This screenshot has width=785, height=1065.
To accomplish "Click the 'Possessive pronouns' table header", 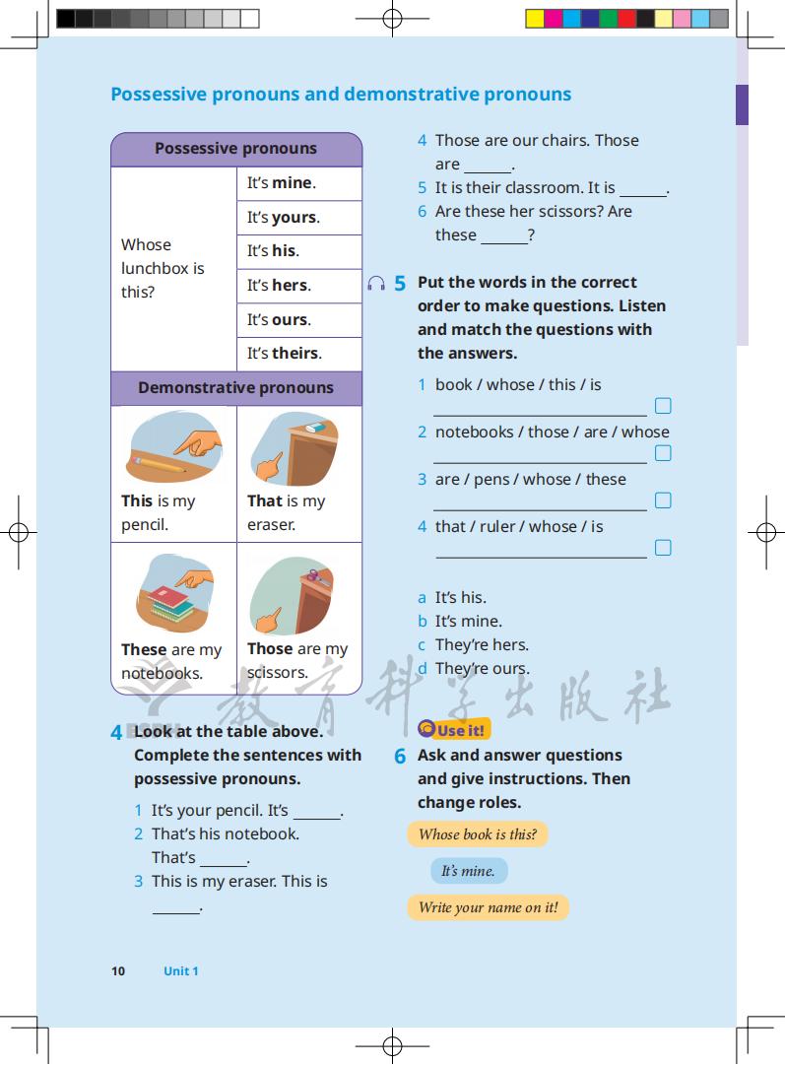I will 235,149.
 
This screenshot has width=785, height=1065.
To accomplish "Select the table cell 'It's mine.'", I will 281,183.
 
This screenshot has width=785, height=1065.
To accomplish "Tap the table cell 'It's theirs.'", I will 284,354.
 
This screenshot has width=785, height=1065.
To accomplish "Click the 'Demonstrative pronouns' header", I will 235,388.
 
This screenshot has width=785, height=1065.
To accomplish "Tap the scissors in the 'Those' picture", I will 314,577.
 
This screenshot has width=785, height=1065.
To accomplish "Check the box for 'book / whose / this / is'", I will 663,406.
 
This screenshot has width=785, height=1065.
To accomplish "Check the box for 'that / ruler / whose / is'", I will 663,548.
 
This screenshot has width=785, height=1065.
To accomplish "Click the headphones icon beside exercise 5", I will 375,284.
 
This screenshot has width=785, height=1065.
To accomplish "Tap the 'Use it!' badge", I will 453,730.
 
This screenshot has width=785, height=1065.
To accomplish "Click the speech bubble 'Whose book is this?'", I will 478,834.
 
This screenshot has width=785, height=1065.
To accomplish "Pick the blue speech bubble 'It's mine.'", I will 468,871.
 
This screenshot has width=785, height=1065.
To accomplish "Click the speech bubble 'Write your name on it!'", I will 488,907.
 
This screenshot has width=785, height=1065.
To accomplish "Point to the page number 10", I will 118,971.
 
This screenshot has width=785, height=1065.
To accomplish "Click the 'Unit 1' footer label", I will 181,971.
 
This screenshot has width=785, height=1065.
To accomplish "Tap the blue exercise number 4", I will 116,733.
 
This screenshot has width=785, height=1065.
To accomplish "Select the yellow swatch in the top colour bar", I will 535,18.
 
